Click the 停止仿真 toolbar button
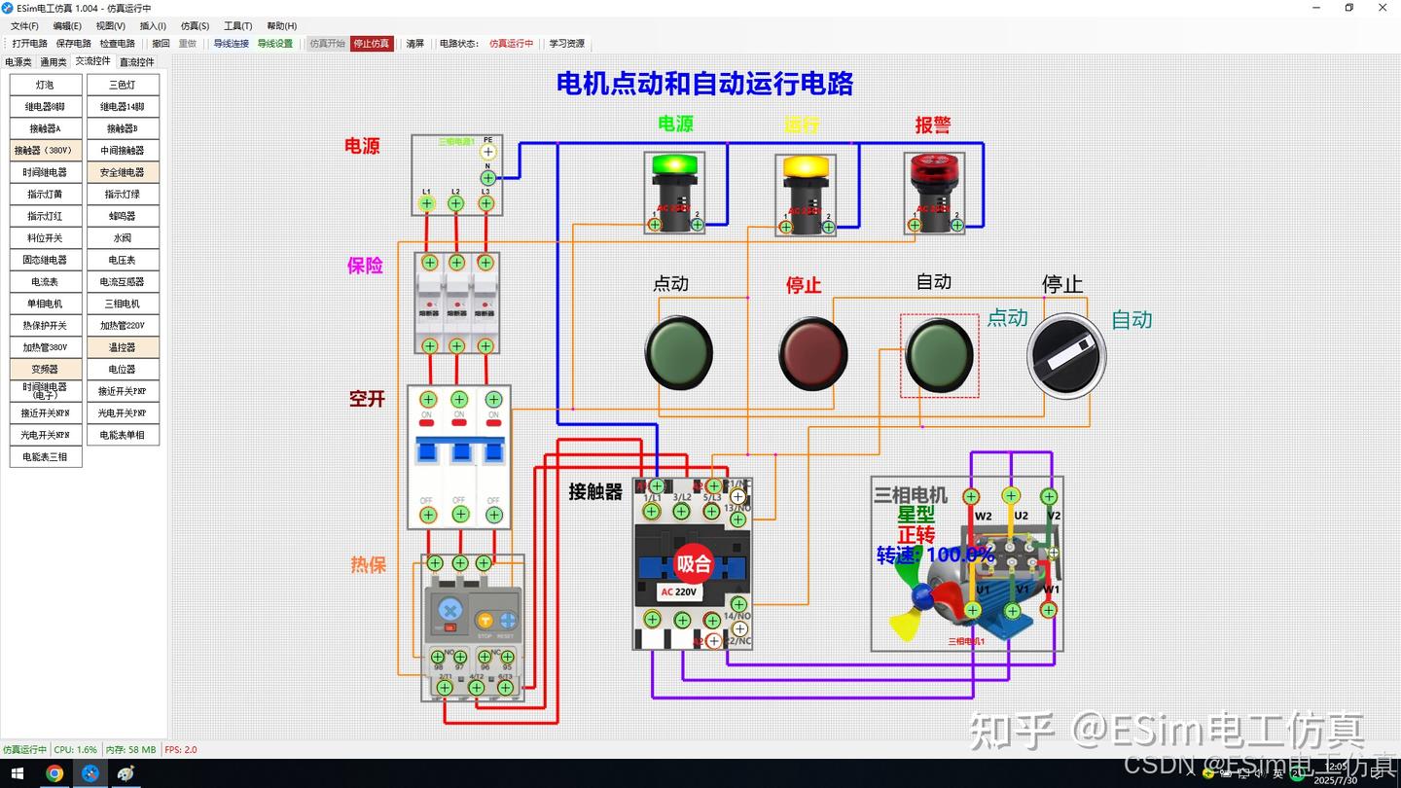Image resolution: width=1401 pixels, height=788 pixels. point(372,44)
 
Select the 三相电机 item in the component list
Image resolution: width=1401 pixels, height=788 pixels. point(123,304)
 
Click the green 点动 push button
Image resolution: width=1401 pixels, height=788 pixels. point(679,351)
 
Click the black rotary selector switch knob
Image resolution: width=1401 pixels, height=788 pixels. point(1066,355)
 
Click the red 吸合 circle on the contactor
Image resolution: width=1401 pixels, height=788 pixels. point(694,563)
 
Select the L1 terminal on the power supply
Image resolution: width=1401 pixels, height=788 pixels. point(426,203)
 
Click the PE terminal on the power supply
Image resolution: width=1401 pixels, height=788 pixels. point(488,152)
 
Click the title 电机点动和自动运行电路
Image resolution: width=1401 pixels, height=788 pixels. point(704,84)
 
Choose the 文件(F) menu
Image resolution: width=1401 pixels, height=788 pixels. point(25,26)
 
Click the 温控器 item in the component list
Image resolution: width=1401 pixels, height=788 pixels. point(123,347)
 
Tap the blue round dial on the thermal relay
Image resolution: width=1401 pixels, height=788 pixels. point(449,610)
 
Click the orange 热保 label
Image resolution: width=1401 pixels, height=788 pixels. point(368,565)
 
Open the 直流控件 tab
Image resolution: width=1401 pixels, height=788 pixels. point(136,62)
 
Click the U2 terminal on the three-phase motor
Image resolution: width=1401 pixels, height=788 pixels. point(1011,496)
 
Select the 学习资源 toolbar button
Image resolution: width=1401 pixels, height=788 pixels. point(567,44)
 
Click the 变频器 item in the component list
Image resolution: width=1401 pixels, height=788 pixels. point(46,370)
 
